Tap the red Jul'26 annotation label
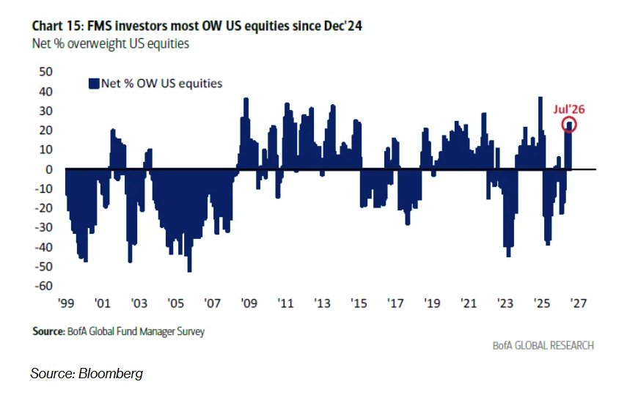click(569, 109)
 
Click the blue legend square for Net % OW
click(94, 84)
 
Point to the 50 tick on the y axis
click(46, 72)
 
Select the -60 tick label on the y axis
click(44, 286)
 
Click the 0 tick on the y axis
click(49, 169)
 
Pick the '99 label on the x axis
click(66, 303)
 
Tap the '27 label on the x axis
click(579, 303)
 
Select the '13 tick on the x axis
click(322, 303)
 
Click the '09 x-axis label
click(249, 303)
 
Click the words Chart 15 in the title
click(56, 26)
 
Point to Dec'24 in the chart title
click(342, 26)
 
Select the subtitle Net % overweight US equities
click(111, 43)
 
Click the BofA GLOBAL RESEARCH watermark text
click(543, 345)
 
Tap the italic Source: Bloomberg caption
click(87, 373)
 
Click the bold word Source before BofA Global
click(48, 331)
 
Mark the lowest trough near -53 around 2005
click(190, 271)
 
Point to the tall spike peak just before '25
click(540, 97)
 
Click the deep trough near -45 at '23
click(509, 256)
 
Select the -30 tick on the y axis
click(44, 227)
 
